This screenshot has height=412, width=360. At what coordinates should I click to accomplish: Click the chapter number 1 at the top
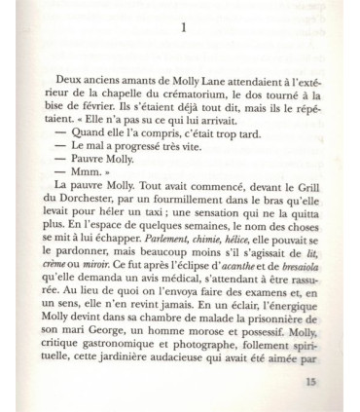181,28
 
